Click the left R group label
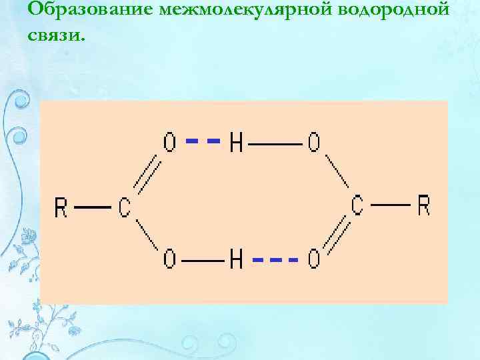[61, 208]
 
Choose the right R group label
[424, 206]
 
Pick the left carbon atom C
[125, 208]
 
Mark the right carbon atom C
[357, 206]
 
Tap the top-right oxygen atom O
[313, 142]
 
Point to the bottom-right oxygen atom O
[313, 259]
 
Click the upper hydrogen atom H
[236, 142]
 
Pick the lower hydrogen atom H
[236, 259]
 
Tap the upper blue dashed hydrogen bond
[203, 141]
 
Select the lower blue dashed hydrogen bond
[275, 259]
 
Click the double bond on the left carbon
[146, 175]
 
